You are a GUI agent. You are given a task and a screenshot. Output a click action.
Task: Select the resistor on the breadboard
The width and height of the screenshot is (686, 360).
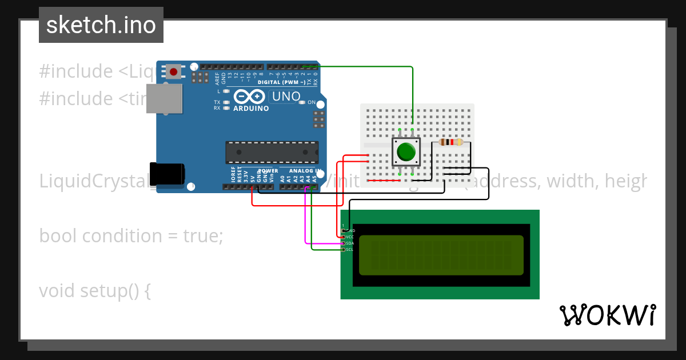(x=451, y=142)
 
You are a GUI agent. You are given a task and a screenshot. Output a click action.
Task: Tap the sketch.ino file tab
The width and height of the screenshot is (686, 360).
(x=101, y=25)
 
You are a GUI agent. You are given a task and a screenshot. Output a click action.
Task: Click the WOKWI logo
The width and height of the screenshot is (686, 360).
(x=607, y=315)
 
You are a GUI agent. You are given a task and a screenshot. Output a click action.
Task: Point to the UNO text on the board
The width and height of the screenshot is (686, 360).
(x=286, y=97)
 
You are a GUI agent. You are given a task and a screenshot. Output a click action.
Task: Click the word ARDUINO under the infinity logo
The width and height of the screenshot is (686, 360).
(x=251, y=109)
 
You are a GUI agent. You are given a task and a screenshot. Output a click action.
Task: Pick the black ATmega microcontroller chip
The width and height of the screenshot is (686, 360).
(x=272, y=152)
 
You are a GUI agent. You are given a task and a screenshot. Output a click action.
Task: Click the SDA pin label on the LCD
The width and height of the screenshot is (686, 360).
(x=350, y=243)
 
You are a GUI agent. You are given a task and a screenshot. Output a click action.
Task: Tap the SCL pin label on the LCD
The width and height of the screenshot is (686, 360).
(x=350, y=249)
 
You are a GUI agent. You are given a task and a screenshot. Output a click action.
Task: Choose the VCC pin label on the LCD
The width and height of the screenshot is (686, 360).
(x=350, y=237)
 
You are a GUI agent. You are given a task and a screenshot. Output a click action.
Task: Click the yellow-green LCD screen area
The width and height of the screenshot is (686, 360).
(x=441, y=255)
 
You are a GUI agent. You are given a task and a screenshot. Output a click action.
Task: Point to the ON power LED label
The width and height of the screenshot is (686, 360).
(x=312, y=102)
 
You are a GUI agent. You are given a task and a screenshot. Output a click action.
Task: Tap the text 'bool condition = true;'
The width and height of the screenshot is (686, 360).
(x=131, y=236)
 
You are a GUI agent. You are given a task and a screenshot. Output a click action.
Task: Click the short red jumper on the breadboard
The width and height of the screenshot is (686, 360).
(x=383, y=181)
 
